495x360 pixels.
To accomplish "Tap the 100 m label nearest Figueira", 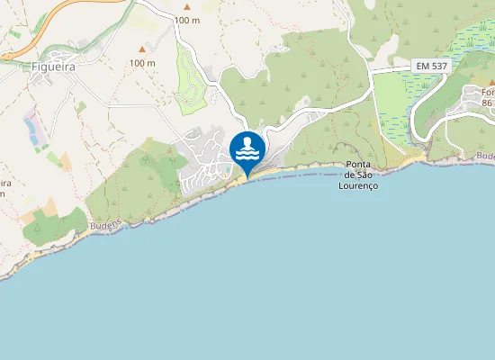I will tap(142, 63).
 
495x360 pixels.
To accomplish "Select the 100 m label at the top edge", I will tap(187, 20).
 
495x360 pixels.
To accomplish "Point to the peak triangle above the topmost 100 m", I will tap(187, 6).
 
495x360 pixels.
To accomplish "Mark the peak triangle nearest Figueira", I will tap(142, 49).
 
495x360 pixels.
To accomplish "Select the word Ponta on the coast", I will tap(359, 165).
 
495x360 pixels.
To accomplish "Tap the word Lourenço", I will tap(358, 185).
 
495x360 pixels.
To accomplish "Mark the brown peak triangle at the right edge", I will tap(491, 82).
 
